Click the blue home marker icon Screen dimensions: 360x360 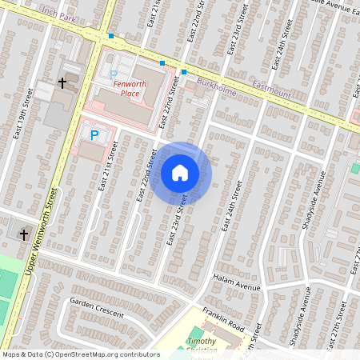click(180, 173)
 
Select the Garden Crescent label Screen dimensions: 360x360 click(96, 309)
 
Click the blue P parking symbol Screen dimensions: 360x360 click(94, 136)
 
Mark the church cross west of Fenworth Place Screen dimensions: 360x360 click(62, 82)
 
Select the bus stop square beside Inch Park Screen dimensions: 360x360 click(111, 36)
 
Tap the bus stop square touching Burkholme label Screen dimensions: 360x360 click(184, 72)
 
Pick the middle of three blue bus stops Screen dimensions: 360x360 click(162, 63)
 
